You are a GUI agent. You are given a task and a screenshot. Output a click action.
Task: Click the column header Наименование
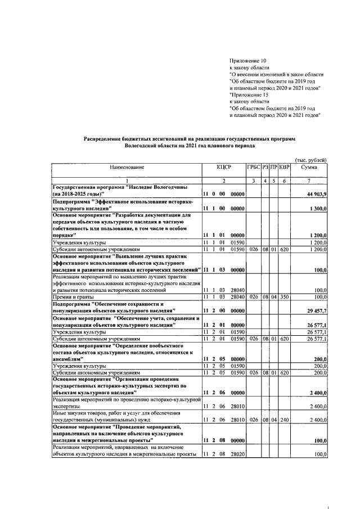tap(127, 168)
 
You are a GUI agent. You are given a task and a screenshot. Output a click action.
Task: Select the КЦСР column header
tap(224, 168)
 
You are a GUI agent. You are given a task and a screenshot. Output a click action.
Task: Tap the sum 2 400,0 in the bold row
tap(318, 391)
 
